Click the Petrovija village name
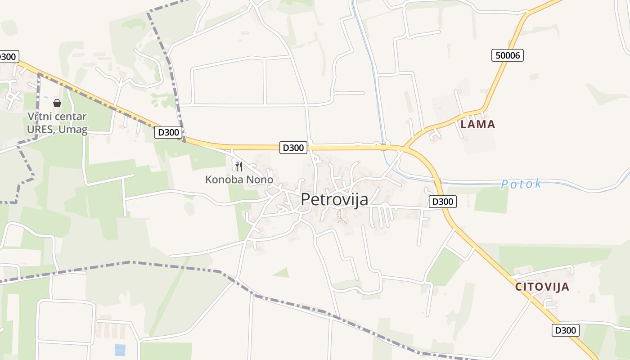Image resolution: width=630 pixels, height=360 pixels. pos(334,199)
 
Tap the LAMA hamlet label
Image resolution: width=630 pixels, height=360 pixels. pos(477,124)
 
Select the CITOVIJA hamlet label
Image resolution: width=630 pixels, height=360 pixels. pos(542,287)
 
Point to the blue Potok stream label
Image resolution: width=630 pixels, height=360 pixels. pos(521,184)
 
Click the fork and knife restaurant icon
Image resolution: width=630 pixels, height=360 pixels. pos(239,166)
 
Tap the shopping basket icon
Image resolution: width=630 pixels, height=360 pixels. pos(57,103)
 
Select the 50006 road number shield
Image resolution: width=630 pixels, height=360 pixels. pos(508,55)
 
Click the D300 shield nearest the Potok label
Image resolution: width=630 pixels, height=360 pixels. pos(442,202)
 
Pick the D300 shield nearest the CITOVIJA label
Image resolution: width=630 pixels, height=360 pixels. pos(565,330)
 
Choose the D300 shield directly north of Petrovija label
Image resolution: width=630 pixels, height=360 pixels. pos(293,148)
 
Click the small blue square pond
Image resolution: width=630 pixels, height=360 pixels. pos(120,350)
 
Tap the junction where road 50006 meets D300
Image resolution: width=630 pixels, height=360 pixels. pos(405,148)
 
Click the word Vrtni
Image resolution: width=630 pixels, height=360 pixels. pos(38,117)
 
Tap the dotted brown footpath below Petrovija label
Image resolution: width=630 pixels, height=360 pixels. pos(342,217)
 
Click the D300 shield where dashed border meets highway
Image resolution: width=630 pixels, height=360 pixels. pos(168,132)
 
